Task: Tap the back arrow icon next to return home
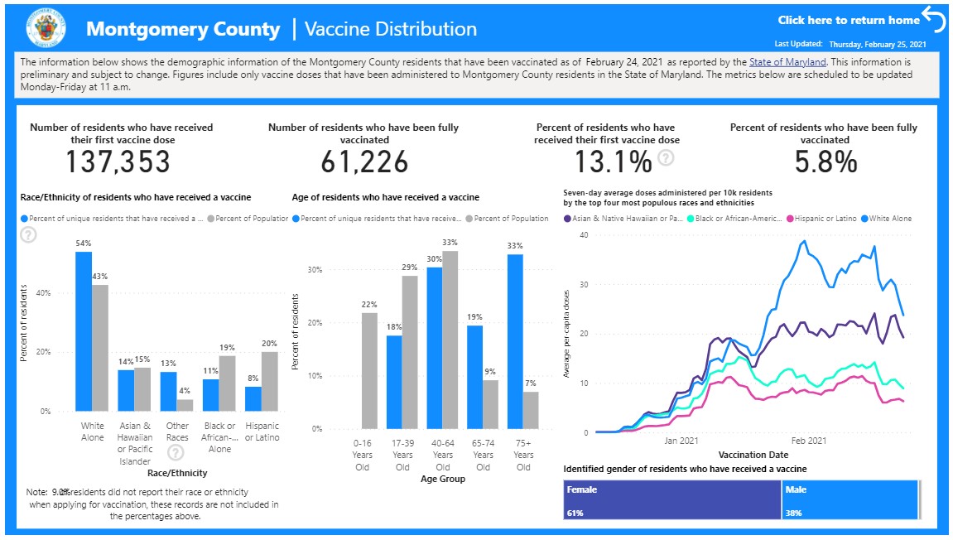[x=933, y=19]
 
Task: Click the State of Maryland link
[x=787, y=62]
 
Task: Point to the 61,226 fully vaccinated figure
[x=364, y=162]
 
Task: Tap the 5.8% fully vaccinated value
[x=825, y=162]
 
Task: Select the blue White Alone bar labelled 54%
[x=84, y=331]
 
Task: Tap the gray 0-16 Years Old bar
[x=369, y=371]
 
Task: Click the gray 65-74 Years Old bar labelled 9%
[x=491, y=404]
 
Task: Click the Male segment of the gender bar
[x=850, y=500]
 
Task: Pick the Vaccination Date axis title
[x=753, y=455]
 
